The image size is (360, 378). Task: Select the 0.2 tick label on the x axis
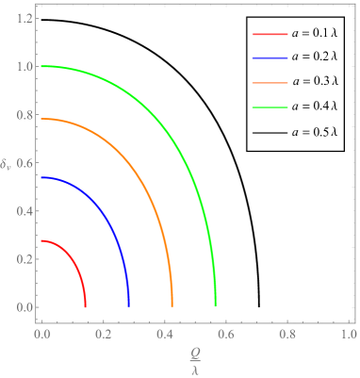pyautogui.click(x=104, y=334)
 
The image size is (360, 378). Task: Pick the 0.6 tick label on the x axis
pyautogui.click(x=226, y=334)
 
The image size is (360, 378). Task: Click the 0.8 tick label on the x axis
pyautogui.click(x=287, y=334)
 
